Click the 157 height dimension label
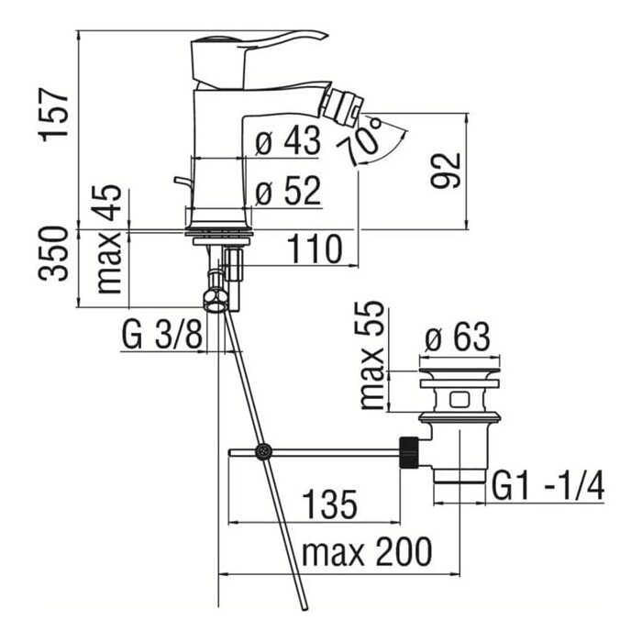53,115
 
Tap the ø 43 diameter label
288,140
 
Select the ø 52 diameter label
288,191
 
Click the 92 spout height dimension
446,170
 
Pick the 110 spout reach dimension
314,249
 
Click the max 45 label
108,239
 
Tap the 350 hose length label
53,253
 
